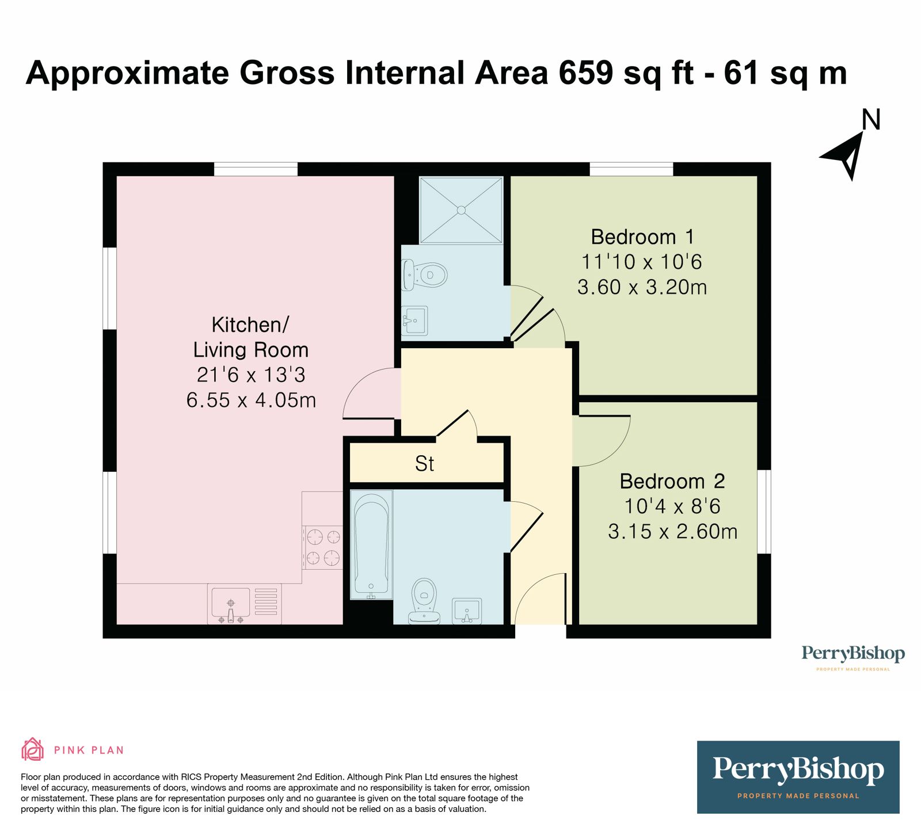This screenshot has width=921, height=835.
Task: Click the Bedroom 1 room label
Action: pos(642,237)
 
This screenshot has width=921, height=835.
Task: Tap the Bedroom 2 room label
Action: pos(672,481)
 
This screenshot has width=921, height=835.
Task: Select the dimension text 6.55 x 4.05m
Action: pos(251,400)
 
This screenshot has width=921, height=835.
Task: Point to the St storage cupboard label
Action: pos(425,464)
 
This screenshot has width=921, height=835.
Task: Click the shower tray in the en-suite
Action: pos(461,210)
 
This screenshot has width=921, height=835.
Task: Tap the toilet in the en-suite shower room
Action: pos(425,274)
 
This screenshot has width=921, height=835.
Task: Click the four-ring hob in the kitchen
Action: pos(323,547)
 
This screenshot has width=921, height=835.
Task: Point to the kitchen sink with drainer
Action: pos(245,604)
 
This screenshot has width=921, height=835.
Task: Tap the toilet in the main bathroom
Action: pos(424,601)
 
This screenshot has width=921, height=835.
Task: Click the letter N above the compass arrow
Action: pos(871,120)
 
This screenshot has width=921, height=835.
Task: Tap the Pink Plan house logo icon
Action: pos(32,749)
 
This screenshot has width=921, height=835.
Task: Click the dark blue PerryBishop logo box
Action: pos(798,777)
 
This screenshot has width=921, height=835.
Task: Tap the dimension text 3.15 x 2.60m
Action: pos(672,531)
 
